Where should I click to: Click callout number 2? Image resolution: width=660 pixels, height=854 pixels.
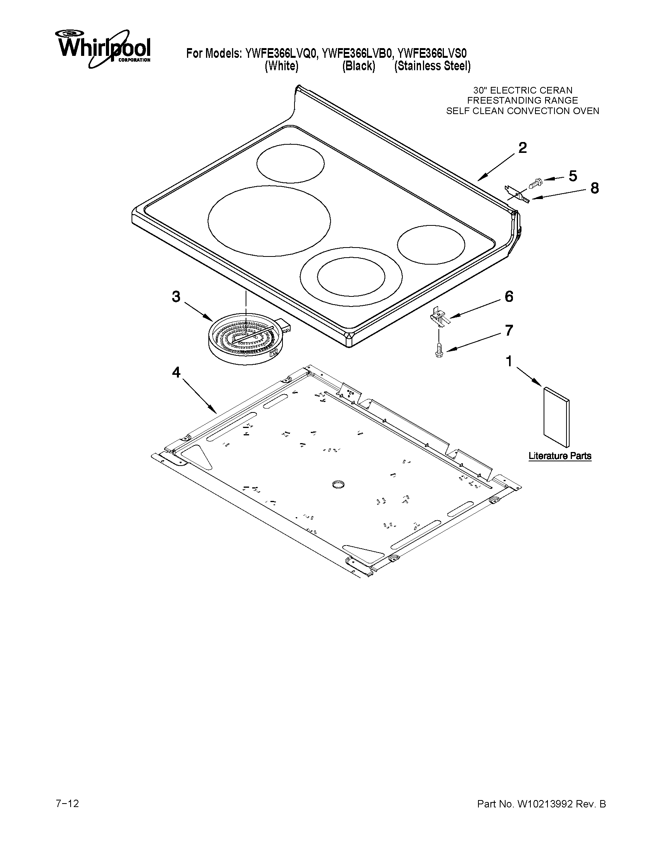point(522,148)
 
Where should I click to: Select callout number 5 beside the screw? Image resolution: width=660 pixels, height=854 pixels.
point(572,176)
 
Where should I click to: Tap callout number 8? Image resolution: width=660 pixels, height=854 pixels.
point(594,189)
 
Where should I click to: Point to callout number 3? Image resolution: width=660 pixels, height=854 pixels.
point(176,297)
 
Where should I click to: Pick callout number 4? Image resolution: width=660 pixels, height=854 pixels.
point(176,372)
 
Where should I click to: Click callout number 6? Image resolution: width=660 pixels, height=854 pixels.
point(509,297)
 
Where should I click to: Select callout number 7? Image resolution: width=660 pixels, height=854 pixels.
point(509,331)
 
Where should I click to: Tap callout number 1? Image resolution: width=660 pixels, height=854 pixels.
point(509,362)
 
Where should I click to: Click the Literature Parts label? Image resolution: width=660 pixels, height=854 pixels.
point(560,456)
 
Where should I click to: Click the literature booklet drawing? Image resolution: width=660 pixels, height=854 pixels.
point(556,416)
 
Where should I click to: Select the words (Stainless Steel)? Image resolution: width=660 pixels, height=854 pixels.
point(432,66)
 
